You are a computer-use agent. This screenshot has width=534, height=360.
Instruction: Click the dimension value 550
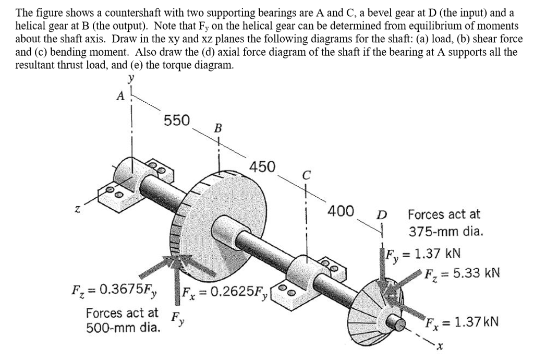coord(177,120)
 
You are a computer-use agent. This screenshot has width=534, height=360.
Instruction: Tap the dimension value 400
coord(341,212)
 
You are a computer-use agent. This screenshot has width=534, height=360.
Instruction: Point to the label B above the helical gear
coord(218,128)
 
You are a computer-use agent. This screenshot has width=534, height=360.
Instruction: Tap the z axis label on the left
coord(77,209)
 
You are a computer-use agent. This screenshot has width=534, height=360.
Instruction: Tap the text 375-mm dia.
coord(446,231)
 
